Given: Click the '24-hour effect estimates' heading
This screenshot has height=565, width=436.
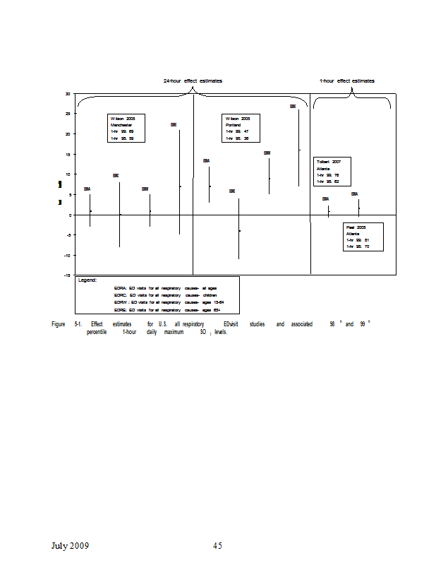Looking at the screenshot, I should (x=193, y=81).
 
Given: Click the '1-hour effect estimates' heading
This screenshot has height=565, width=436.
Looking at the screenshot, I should (x=347, y=81).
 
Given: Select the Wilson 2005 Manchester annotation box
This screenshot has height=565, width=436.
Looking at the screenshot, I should (x=126, y=128).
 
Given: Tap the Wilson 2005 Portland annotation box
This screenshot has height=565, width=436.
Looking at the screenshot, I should (x=242, y=128).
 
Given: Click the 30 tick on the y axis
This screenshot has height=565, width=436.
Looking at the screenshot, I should (x=68, y=93).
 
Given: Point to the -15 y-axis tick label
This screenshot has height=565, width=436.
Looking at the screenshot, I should (x=67, y=275).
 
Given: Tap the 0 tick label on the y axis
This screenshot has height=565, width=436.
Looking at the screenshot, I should (x=68, y=215).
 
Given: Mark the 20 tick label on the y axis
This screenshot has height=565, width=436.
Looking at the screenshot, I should (x=68, y=133).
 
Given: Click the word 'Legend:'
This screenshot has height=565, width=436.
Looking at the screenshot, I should (x=87, y=280).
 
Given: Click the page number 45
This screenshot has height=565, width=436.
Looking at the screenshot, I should (x=217, y=545).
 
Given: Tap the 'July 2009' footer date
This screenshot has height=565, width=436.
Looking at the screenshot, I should (x=70, y=545).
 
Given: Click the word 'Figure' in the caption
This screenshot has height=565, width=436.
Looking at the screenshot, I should (x=59, y=324).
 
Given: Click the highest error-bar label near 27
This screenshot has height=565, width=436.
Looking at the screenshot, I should (x=293, y=106).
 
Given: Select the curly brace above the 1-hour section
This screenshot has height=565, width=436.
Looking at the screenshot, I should (x=351, y=101).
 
